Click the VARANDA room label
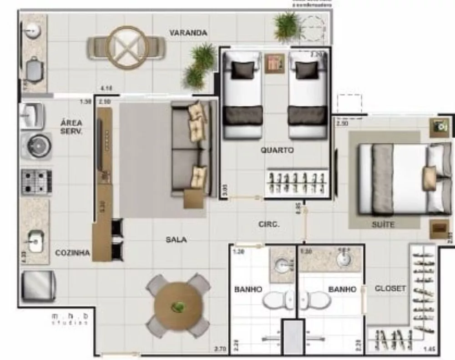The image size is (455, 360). [188, 33]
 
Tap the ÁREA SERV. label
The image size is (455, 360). [71, 127]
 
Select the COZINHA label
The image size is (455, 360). [72, 253]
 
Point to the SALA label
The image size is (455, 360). [176, 240]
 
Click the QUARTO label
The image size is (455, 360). [277, 150]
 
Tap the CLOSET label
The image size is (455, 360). [390, 288]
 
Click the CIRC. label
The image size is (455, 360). [268, 224]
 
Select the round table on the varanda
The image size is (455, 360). [126, 47]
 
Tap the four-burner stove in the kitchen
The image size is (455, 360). [36, 181]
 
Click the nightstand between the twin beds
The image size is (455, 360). [274, 63]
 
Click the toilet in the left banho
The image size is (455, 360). [276, 300]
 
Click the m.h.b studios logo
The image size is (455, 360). [70, 318]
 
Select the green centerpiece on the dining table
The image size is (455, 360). [178, 306]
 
